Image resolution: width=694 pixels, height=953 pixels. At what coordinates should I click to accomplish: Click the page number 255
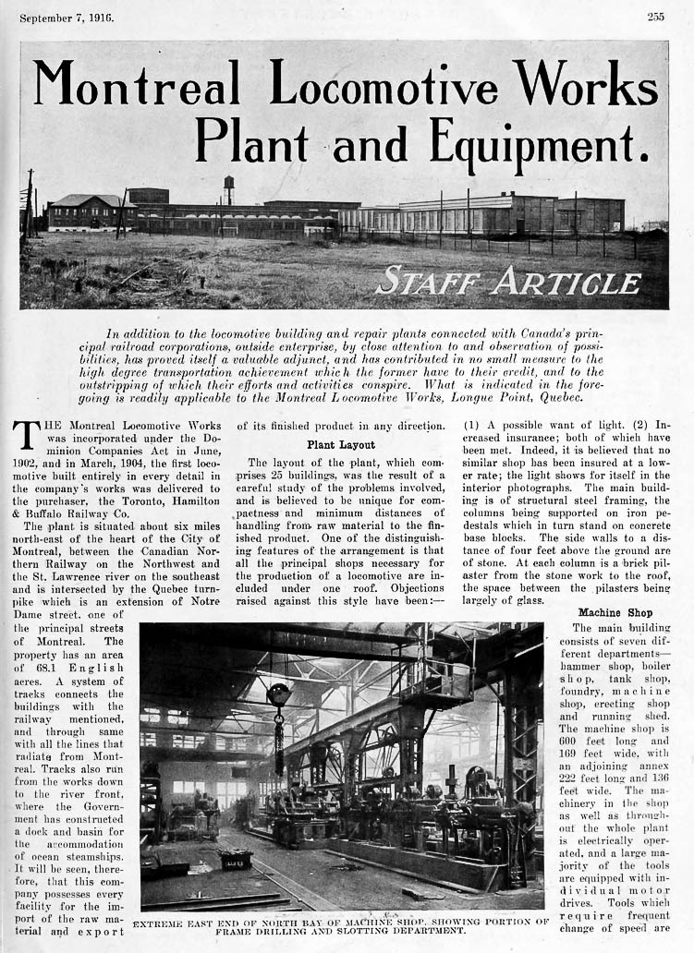pyautogui.click(x=655, y=17)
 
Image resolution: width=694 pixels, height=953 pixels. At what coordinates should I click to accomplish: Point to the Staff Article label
pyautogui.click(x=507, y=280)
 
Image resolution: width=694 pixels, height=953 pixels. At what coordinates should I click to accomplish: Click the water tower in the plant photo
pyautogui.click(x=229, y=187)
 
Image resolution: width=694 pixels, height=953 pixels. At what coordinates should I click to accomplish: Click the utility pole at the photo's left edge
pyautogui.click(x=30, y=199)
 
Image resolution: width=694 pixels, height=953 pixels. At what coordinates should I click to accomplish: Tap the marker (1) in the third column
pyautogui.click(x=474, y=426)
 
